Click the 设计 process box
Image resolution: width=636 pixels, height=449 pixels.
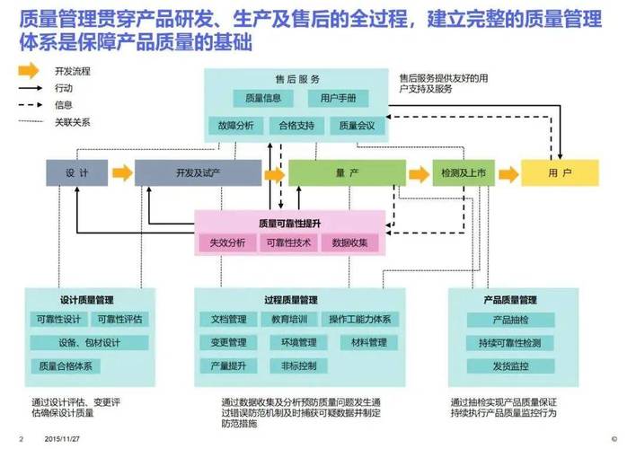(76, 172)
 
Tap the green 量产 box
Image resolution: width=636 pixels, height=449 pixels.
(341, 172)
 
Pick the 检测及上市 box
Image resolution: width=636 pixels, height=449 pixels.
(463, 172)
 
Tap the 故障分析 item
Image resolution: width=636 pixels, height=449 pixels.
(233, 127)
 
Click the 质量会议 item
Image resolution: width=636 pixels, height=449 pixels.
(357, 127)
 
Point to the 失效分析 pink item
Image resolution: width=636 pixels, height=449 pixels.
(227, 242)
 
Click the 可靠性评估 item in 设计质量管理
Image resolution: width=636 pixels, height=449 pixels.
(120, 319)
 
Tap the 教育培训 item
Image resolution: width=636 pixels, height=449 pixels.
(288, 319)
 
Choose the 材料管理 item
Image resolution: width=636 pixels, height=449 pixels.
(368, 342)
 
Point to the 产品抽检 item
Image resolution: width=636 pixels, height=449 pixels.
(510, 320)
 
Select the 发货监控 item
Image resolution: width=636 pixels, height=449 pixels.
(510, 366)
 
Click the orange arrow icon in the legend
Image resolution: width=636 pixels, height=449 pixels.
(30, 70)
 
